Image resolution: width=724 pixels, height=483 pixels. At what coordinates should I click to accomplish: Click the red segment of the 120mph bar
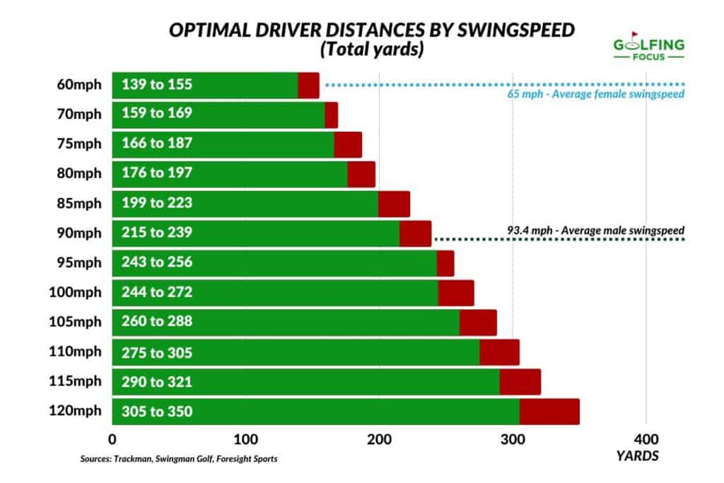[x=549, y=412]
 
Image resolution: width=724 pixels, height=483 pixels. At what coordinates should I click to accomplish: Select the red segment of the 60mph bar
[x=308, y=86]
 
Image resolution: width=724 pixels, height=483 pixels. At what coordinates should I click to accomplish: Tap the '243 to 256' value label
[x=157, y=262]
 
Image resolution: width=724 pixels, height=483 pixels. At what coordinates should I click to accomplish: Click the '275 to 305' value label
[x=157, y=352]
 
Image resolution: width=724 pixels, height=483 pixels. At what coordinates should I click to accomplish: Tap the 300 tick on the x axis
[x=513, y=436]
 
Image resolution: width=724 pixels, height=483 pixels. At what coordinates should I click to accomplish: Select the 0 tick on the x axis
[x=112, y=436]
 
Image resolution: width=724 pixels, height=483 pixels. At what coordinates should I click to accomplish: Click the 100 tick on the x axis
[x=245, y=436]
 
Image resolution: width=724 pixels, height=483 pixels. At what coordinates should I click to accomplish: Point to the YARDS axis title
[x=637, y=456]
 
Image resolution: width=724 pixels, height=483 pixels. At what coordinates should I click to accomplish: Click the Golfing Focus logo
[x=649, y=47]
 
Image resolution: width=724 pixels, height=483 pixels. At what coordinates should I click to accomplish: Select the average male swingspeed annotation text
[x=596, y=230]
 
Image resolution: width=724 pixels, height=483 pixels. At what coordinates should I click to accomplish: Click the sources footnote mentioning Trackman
[x=179, y=459]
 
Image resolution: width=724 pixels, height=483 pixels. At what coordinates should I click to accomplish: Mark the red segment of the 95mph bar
[x=445, y=263]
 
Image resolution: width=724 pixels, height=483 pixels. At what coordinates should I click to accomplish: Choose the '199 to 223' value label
[x=157, y=204]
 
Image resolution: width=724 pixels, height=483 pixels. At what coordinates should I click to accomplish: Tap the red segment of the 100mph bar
[x=456, y=292]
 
